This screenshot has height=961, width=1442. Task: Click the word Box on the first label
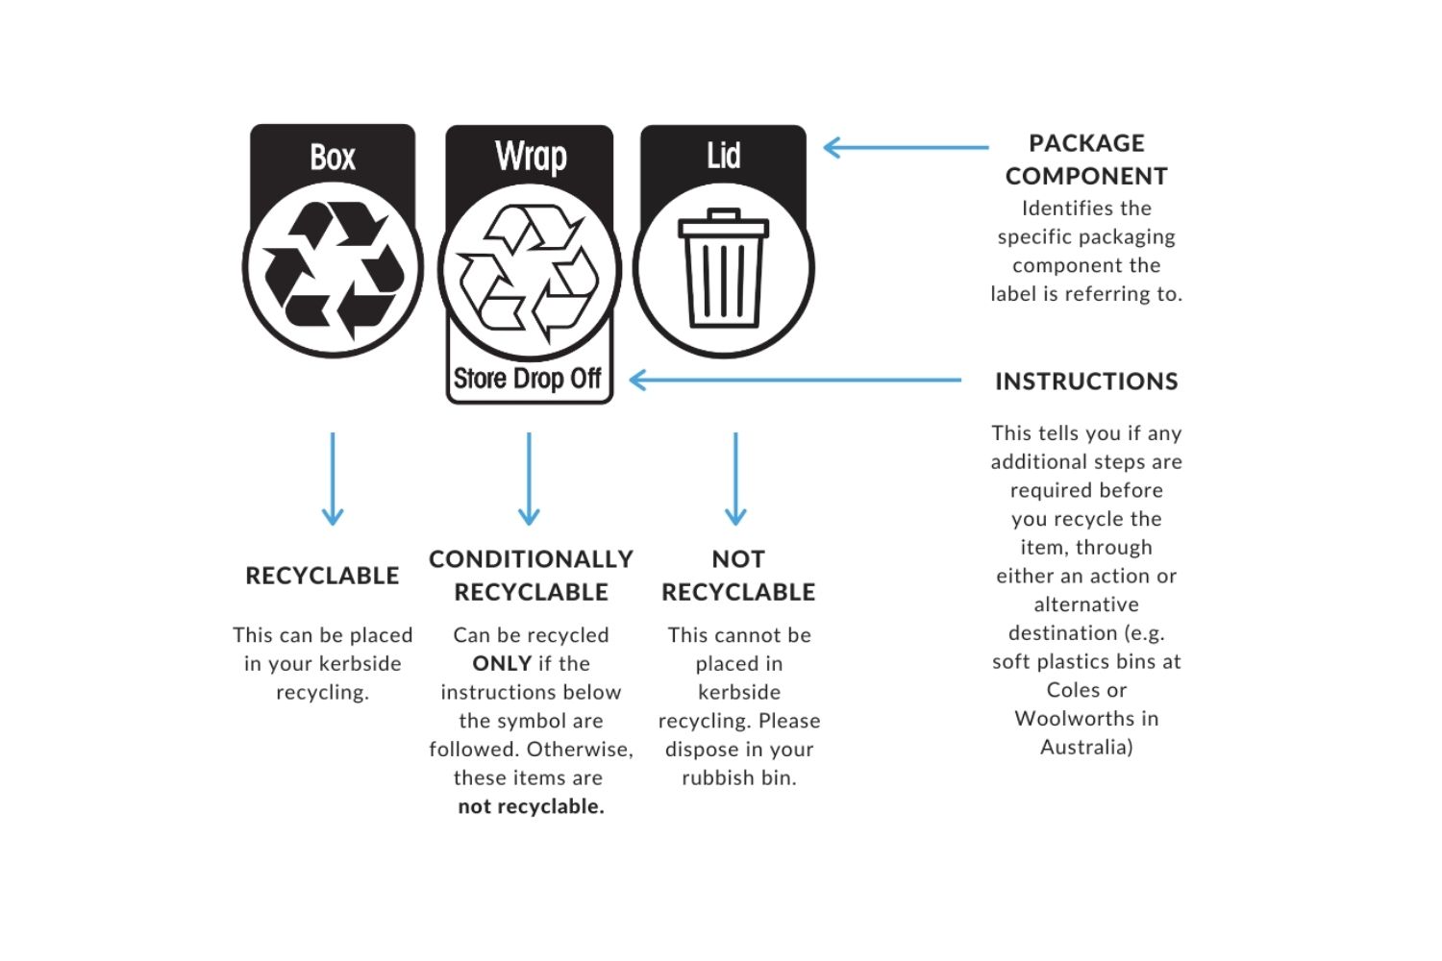pyautogui.click(x=333, y=157)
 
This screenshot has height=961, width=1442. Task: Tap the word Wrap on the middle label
pyautogui.click(x=531, y=156)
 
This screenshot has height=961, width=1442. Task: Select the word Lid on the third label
pyautogui.click(x=724, y=155)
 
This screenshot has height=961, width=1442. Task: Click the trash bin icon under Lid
pyautogui.click(x=723, y=268)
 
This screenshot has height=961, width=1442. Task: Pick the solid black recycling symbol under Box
pyautogui.click(x=333, y=270)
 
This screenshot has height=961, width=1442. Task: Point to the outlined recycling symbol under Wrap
pyautogui.click(x=529, y=272)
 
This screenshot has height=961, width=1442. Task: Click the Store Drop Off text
pyautogui.click(x=527, y=379)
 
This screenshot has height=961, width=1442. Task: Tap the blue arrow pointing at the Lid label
pyautogui.click(x=906, y=147)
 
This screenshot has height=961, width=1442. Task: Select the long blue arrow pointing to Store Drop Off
pyautogui.click(x=795, y=380)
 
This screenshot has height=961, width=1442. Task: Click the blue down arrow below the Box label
pyautogui.click(x=333, y=479)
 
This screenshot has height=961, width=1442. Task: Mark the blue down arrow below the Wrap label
pyautogui.click(x=529, y=479)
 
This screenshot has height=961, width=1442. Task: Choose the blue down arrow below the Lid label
pyautogui.click(x=735, y=479)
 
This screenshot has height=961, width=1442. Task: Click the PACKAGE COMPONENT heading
pyautogui.click(x=1086, y=160)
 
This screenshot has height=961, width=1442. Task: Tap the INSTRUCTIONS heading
pyautogui.click(x=1086, y=382)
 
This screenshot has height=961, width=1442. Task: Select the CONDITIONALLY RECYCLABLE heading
pyautogui.click(x=531, y=576)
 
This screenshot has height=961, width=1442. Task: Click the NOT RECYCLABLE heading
pyautogui.click(x=738, y=576)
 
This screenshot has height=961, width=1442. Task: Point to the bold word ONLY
pyautogui.click(x=502, y=664)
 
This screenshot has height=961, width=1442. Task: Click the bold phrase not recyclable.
pyautogui.click(x=531, y=806)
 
